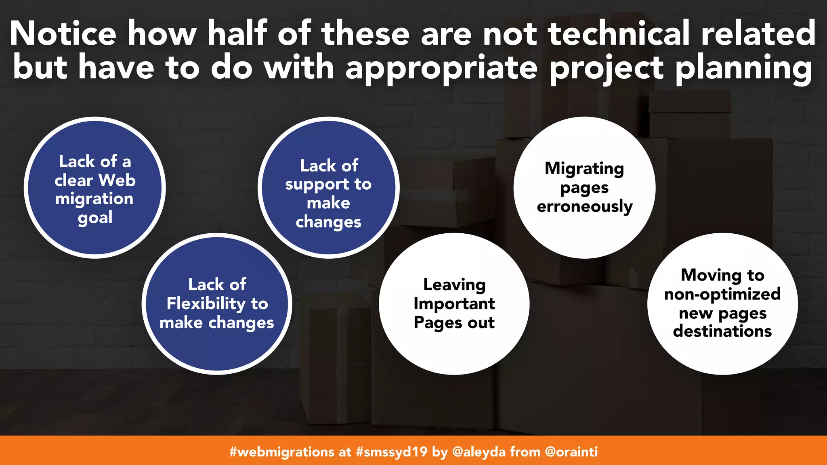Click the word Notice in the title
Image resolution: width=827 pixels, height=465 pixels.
click(x=63, y=34)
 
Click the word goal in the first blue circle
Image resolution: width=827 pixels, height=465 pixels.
click(x=95, y=218)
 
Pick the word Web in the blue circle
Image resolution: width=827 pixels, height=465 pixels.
click(x=117, y=180)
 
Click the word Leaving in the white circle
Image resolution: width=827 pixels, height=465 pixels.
click(x=454, y=285)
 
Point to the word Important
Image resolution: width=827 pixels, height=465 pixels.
click(x=454, y=304)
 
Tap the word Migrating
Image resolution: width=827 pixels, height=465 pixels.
click(x=584, y=169)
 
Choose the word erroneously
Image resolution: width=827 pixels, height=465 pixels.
click(x=584, y=207)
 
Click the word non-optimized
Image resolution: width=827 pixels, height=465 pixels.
click(x=722, y=294)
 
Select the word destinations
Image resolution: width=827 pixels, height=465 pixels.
click(x=722, y=331)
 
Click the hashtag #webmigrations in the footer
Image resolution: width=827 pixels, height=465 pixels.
click(x=282, y=452)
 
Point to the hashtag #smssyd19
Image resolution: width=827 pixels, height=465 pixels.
click(x=391, y=452)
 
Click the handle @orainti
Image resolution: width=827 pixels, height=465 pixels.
click(x=571, y=452)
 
